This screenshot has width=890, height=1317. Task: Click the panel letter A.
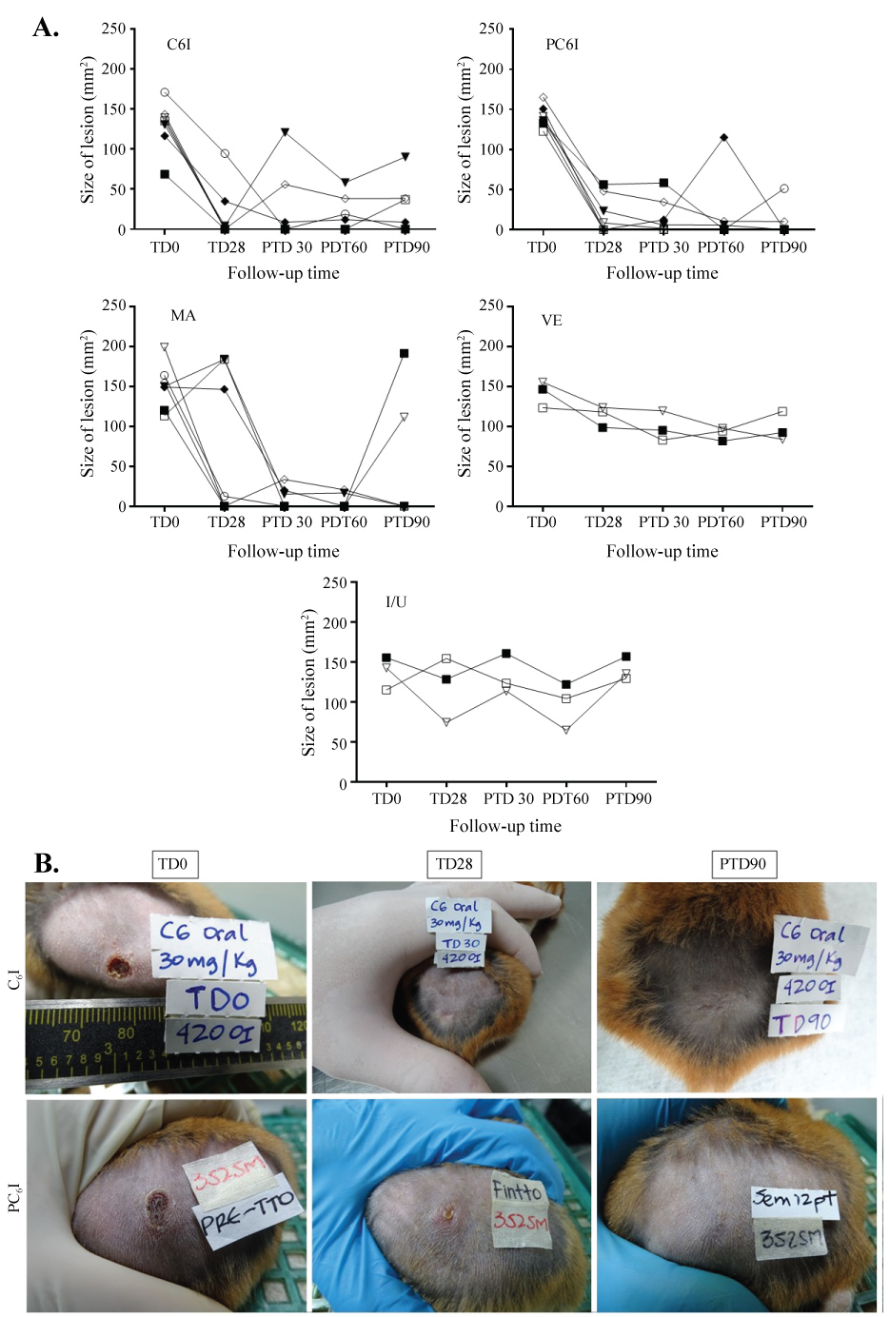[46, 28]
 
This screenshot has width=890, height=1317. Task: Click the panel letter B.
[47, 862]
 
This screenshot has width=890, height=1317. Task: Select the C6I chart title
[179, 45]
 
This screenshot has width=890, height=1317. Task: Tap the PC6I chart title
[562, 45]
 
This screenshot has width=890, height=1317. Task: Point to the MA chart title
[183, 316]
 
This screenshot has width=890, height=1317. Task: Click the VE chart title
[552, 321]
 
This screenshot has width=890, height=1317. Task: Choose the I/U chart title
[396, 601]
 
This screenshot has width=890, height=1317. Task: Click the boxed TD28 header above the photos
[453, 864]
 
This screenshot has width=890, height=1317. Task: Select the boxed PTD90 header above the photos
[742, 864]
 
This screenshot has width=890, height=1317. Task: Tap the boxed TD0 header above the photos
[172, 864]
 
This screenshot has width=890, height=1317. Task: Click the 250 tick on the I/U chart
[335, 582]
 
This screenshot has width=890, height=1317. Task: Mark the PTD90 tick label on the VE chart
[783, 522]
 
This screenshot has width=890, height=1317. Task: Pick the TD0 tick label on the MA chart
[165, 522]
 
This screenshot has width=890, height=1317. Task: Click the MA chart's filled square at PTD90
[405, 353]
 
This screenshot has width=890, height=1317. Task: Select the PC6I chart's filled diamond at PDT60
[723, 138]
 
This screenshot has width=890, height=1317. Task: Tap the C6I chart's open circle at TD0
[165, 92]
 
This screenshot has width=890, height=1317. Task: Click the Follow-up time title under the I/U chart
[505, 826]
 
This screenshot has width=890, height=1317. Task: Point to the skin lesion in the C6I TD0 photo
[118, 968]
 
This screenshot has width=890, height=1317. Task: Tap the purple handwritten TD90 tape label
[802, 1023]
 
